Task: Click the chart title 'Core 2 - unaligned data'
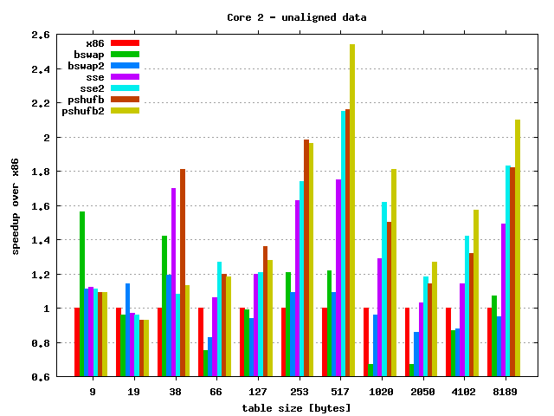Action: coord(296,17)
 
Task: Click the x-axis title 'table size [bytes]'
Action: coord(296,407)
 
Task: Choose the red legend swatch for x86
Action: coord(126,42)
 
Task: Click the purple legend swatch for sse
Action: coord(126,76)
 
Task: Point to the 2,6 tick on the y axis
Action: coord(39,36)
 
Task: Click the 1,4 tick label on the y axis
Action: coord(39,240)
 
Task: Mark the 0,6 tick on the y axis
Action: coord(39,377)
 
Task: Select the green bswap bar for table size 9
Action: coord(82,294)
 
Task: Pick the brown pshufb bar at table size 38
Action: coord(183,273)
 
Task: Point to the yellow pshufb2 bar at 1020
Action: coord(393,273)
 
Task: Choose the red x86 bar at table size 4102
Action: coord(448,342)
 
